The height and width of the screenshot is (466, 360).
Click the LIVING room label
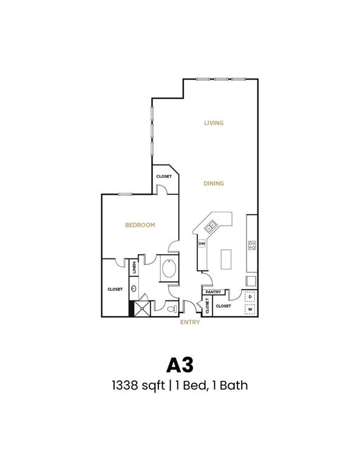(x=214, y=123)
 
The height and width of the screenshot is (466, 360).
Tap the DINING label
(x=214, y=183)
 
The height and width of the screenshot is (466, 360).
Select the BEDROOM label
(x=140, y=225)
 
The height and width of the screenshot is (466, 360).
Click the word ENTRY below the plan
(x=190, y=322)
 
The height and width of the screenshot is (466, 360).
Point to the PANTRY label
(x=213, y=292)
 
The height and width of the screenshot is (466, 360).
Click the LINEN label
(x=134, y=267)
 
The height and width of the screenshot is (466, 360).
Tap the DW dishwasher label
(x=202, y=243)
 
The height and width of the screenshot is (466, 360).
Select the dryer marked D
(x=250, y=297)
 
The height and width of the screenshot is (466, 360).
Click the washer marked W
(x=250, y=309)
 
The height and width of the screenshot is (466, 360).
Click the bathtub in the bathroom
(x=169, y=269)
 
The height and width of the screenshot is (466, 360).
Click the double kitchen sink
(x=211, y=228)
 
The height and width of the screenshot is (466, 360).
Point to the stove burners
(x=251, y=245)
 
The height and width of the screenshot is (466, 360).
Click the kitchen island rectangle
(x=227, y=259)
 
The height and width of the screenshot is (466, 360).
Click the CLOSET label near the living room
(x=164, y=177)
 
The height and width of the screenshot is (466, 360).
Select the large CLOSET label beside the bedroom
(x=115, y=289)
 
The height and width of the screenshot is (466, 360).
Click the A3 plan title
(x=180, y=365)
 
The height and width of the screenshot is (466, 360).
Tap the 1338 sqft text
(x=134, y=385)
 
